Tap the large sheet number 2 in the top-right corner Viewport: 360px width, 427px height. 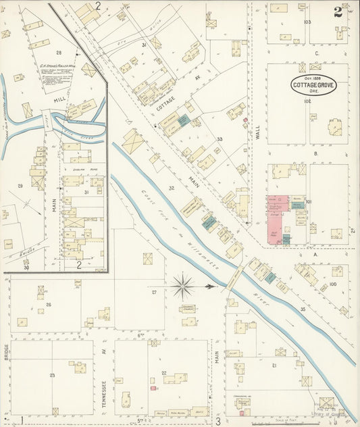337,11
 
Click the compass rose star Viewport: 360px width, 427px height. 184,287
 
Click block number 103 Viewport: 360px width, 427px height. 307,22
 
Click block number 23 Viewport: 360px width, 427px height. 51,374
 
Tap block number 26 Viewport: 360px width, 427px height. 49,305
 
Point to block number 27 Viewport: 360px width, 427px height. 154,292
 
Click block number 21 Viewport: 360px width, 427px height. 274,365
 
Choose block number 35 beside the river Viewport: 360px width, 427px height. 302,309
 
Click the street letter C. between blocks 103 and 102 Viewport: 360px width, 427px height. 315,53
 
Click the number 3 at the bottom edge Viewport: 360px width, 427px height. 218,420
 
